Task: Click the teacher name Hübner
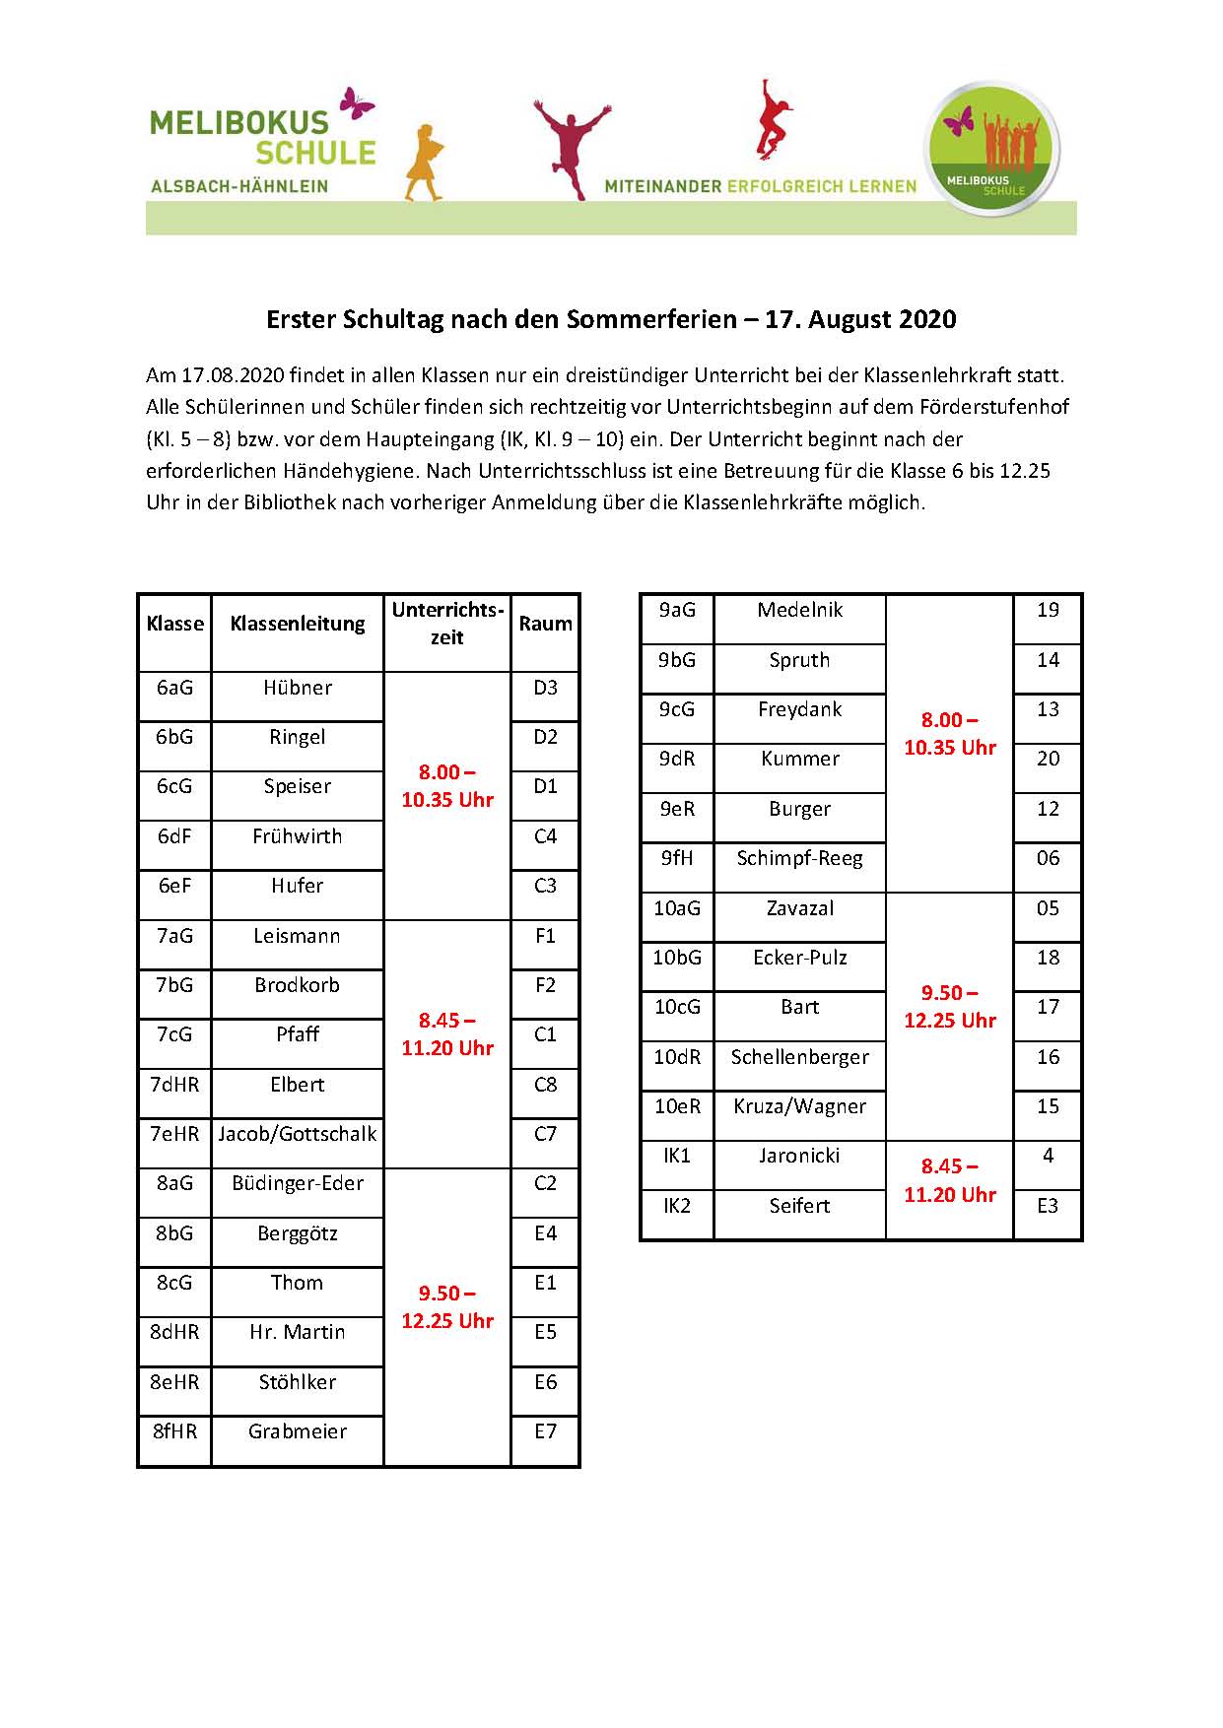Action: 297,688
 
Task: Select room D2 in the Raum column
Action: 545,737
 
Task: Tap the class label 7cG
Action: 174,1034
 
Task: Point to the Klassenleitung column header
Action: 297,624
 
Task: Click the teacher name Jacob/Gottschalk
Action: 297,1134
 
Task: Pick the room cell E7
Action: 545,1431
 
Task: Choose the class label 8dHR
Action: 174,1332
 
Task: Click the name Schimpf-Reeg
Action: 799,858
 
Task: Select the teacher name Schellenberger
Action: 799,1057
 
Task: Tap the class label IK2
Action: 677,1206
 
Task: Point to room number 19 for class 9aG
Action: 1048,610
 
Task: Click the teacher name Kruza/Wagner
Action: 799,1106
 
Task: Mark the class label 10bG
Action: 677,958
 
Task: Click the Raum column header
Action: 545,624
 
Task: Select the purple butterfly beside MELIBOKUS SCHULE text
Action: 356,102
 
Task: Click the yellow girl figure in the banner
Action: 424,163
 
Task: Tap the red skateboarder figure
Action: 774,118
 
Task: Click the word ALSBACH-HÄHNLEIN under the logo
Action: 239,186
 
